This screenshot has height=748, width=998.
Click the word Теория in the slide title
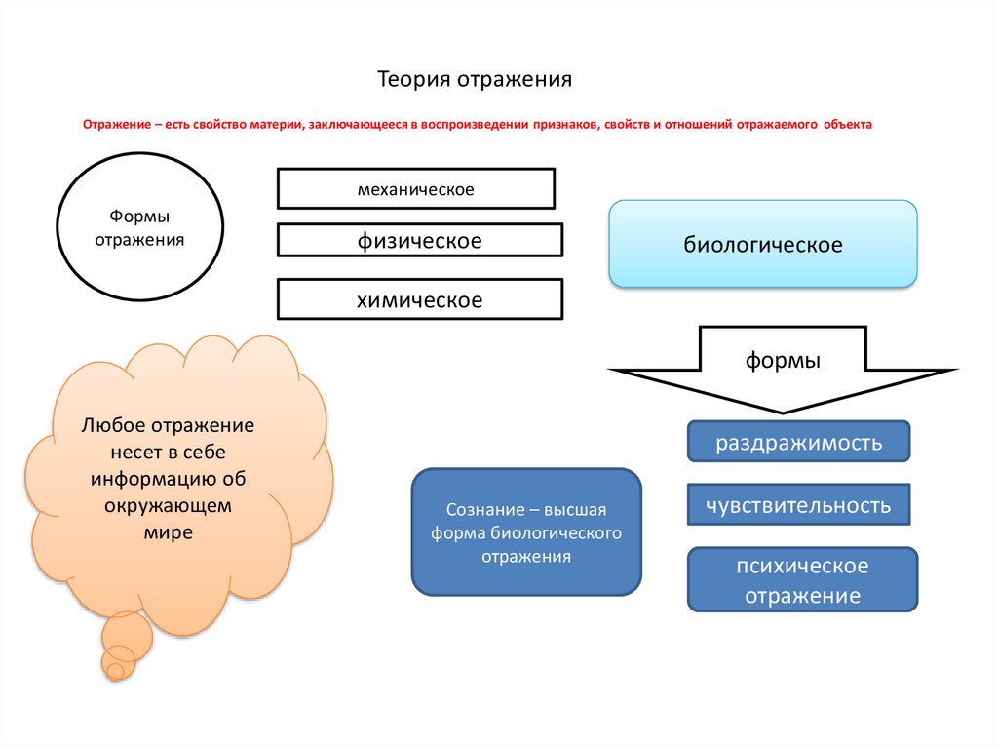tap(414, 80)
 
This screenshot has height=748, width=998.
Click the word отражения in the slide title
tap(515, 81)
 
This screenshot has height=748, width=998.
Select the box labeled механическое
tap(416, 188)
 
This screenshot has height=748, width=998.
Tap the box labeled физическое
tap(420, 240)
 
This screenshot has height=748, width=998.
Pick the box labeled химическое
tap(420, 298)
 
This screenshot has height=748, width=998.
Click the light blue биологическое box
tap(763, 244)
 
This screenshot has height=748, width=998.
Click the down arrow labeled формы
tap(783, 370)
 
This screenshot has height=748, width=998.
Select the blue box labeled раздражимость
tap(799, 441)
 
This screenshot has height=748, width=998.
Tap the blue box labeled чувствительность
tap(799, 504)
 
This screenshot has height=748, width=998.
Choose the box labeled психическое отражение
tap(803, 580)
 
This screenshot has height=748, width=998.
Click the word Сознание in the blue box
tap(485, 510)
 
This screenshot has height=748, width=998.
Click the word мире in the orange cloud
tap(168, 532)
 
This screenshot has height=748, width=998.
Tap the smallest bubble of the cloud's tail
tap(115, 671)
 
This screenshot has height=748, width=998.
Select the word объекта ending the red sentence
tap(848, 124)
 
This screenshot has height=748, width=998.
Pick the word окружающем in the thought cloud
tap(168, 506)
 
